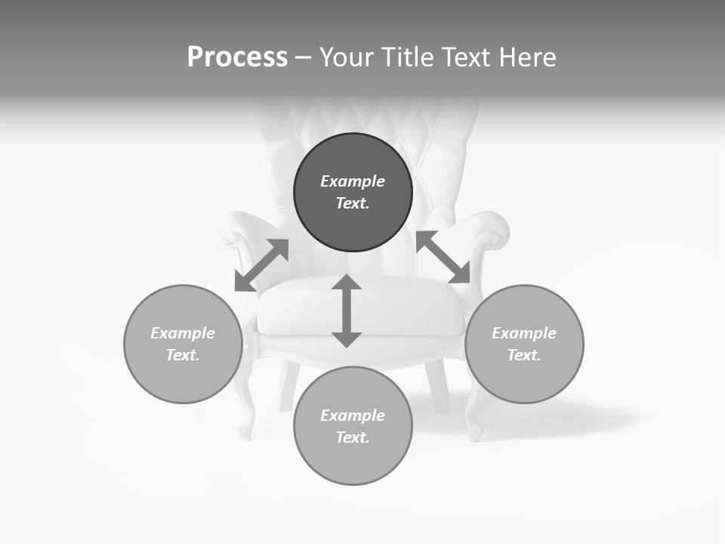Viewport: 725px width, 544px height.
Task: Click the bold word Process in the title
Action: (x=237, y=57)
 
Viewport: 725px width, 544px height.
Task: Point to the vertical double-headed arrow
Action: (x=347, y=311)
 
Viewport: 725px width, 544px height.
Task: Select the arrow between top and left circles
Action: (x=261, y=265)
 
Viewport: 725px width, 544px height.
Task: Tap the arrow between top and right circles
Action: (x=443, y=257)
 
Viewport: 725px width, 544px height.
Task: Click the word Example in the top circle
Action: (x=353, y=181)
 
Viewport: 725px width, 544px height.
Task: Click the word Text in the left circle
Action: (x=183, y=355)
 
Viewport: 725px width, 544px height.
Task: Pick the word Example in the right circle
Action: (x=524, y=333)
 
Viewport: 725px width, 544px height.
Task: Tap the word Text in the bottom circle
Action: (x=353, y=437)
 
